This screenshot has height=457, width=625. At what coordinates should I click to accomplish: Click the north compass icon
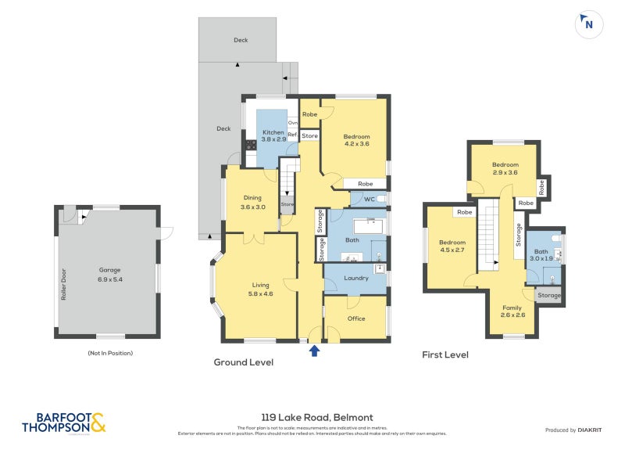pos(588,24)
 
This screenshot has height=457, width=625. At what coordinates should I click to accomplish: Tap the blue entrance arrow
pos(314,351)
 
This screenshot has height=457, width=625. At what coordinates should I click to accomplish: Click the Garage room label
pos(109,269)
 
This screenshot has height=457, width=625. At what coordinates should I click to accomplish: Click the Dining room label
pos(251,202)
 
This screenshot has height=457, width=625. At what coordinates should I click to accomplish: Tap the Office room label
pos(356,318)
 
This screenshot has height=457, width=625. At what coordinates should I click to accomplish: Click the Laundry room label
pos(355,278)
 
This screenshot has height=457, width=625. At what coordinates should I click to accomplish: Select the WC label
pos(369,200)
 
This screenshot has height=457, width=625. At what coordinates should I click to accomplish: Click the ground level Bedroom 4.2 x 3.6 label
pos(356,140)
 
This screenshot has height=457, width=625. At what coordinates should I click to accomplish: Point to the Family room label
pos(512,311)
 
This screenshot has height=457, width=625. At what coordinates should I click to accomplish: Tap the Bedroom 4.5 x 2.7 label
pos(452,246)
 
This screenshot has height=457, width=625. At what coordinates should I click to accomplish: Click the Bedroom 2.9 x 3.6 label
pos(505,168)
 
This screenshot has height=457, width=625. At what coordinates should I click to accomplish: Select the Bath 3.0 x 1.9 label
pos(541,254)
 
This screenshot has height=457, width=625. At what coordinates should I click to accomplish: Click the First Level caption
pos(445,355)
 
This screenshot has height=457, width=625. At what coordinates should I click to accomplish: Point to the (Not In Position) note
pos(110,353)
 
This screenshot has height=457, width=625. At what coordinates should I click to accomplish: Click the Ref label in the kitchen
pos(292,135)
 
